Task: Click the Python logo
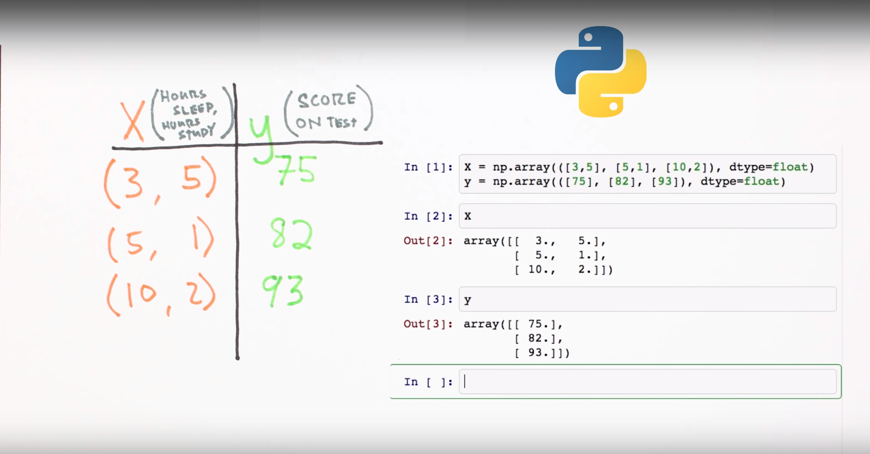tap(600, 72)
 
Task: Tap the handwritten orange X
tap(133, 121)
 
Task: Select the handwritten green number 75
tap(297, 170)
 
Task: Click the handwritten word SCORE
tap(326, 100)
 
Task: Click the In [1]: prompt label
tap(428, 168)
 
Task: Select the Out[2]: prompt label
tap(428, 241)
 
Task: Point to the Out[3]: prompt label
tap(428, 324)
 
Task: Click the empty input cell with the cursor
tap(647, 382)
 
